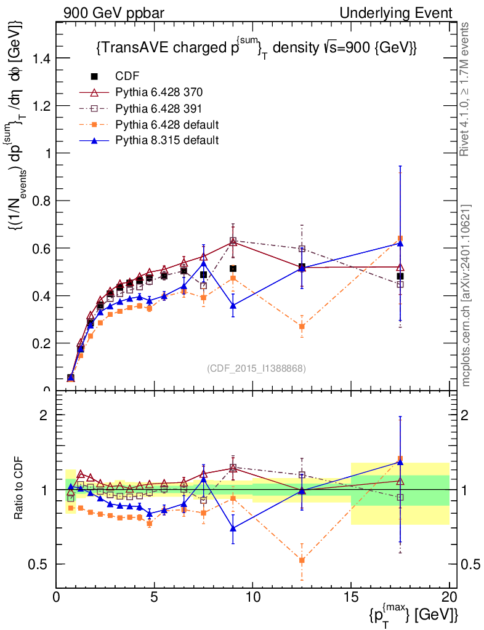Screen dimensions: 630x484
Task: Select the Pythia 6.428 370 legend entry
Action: tap(159, 92)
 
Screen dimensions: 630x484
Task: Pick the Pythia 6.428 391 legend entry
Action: tap(159, 109)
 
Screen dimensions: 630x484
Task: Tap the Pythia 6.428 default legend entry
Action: tap(167, 125)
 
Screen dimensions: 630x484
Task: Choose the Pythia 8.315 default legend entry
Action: tap(167, 140)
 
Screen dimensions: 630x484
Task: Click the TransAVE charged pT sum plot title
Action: tap(257, 49)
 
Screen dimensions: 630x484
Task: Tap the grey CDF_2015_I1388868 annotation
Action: tap(256, 368)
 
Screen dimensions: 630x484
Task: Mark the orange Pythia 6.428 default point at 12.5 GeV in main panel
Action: tap(302, 326)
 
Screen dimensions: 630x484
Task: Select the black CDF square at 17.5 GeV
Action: tap(400, 276)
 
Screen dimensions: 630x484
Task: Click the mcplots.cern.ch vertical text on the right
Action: tap(466, 296)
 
